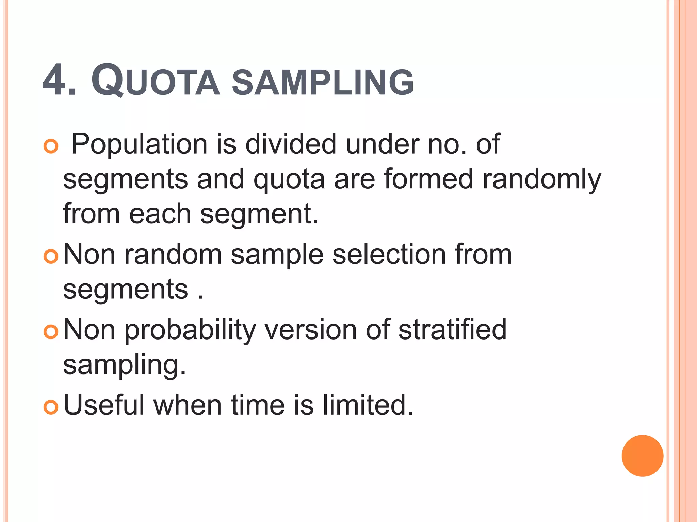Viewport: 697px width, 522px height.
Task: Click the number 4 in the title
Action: pos(54,81)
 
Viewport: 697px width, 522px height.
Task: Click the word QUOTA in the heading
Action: pos(155,82)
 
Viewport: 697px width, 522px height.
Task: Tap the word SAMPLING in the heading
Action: pos(323,83)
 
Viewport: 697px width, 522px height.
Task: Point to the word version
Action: pos(311,330)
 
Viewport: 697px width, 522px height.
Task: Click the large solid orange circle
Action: pos(642,456)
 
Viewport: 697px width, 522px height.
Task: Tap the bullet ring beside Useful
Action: pos(51,407)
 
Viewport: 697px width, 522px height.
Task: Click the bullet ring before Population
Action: pos(51,146)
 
